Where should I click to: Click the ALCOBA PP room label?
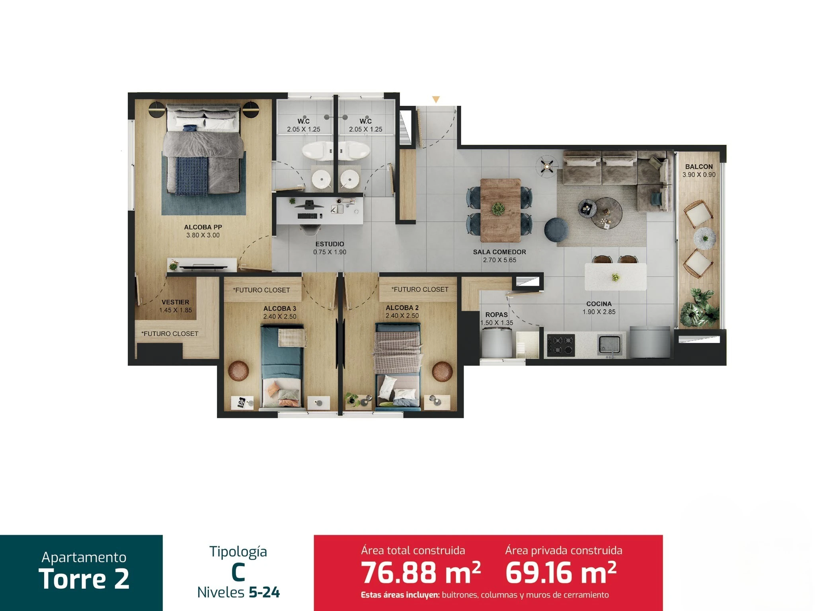click(x=203, y=227)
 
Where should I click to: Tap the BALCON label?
click(x=699, y=167)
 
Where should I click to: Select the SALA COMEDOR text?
click(x=499, y=252)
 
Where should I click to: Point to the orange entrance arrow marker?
click(x=436, y=100)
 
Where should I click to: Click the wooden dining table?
click(x=500, y=210)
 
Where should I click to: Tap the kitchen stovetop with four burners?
click(x=561, y=345)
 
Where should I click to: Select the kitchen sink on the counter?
click(x=609, y=345)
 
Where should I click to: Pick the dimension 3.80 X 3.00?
click(x=203, y=235)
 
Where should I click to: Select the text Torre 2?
click(x=84, y=579)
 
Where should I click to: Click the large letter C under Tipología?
click(x=238, y=572)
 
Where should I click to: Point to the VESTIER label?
click(x=175, y=302)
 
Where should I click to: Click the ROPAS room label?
click(x=497, y=315)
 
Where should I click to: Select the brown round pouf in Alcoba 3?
click(x=239, y=371)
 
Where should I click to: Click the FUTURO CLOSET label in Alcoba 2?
click(x=420, y=289)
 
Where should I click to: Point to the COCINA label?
click(x=599, y=304)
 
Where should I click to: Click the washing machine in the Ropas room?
click(x=496, y=344)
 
